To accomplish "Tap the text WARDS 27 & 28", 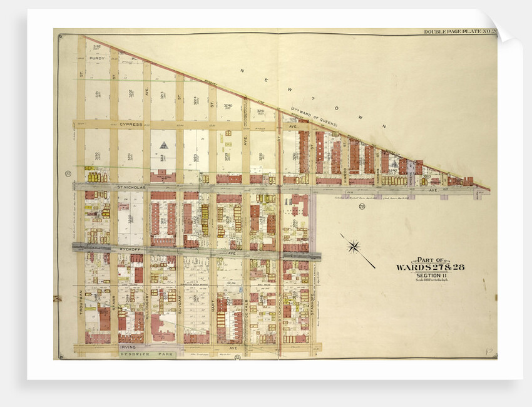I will tap(429, 267).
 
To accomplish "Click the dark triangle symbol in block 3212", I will tap(163, 145).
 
